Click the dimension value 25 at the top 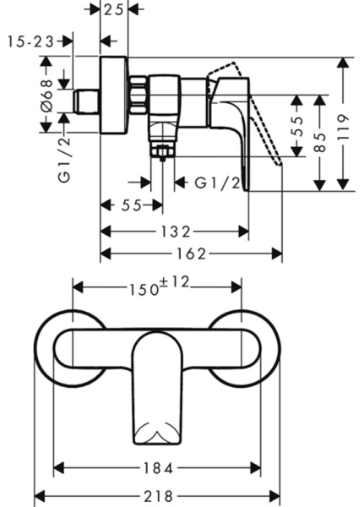point(114,9)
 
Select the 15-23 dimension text point(31,41)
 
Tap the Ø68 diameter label point(47,96)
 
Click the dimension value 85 point(320,142)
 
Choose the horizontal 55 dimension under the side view point(132,205)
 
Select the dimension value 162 point(191,254)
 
